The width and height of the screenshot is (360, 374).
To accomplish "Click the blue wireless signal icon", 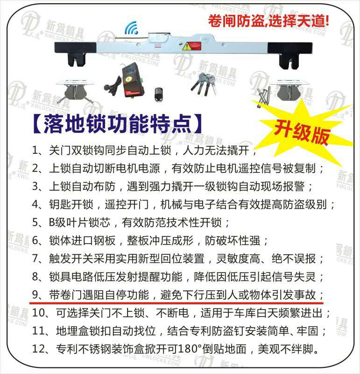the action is (132, 28).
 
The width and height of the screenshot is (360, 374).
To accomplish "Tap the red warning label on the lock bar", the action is (191, 46).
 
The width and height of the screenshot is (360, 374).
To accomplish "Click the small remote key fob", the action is (158, 95).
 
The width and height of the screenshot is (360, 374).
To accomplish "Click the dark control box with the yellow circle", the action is (133, 79).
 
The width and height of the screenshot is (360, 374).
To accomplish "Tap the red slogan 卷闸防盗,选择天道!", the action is (268, 21).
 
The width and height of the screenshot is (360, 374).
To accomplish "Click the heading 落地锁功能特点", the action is (117, 124).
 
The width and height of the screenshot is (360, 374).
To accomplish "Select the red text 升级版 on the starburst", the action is (302, 133).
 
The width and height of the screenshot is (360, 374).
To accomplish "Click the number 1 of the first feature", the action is (35, 151).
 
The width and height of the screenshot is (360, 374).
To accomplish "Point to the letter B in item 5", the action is (52, 223).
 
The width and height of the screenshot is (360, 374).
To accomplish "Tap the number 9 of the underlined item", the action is (35, 295).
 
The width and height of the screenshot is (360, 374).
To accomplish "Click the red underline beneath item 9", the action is (176, 303).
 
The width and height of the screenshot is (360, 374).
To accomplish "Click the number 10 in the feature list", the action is (38, 313).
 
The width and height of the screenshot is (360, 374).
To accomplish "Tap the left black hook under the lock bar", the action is (76, 59).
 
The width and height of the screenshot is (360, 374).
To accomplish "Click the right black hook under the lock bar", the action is (289, 61).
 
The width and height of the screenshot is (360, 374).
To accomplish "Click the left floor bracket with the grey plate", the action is (75, 91).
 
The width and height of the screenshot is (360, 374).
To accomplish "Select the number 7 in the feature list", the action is (35, 259).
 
